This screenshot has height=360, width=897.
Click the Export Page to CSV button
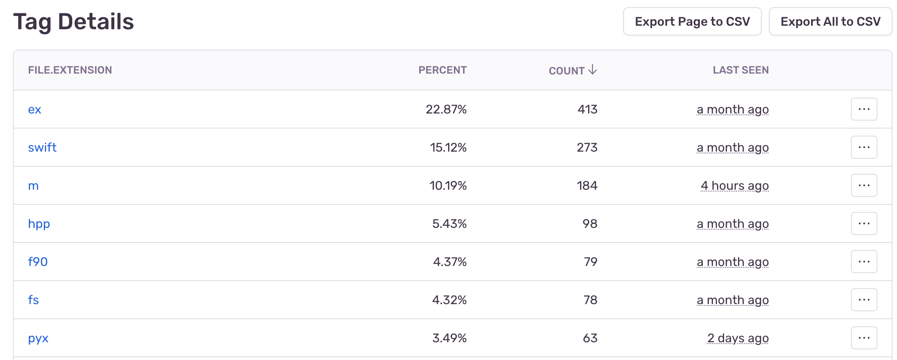point(692,21)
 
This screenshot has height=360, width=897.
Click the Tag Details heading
point(74,21)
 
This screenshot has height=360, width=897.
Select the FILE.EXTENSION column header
point(70,70)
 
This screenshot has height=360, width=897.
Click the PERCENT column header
point(442,70)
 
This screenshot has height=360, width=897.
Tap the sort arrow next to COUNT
point(593,70)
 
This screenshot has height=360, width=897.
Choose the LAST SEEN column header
point(741,70)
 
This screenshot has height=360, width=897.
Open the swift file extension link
point(42,147)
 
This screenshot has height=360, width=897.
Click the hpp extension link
point(39,223)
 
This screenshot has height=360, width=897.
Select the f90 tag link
point(38,262)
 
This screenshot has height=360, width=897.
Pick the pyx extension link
point(38,338)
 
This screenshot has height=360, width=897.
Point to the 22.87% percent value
point(446,109)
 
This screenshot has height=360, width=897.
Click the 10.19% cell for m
point(448,185)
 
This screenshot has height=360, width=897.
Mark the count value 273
point(587,147)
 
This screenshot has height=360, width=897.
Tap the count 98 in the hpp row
point(590,223)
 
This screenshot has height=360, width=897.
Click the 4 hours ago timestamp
point(734,185)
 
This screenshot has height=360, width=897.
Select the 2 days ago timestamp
point(737,338)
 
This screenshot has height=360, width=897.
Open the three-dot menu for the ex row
point(864,109)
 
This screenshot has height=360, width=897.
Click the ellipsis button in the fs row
point(864,300)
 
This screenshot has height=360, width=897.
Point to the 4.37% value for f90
point(449,262)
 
